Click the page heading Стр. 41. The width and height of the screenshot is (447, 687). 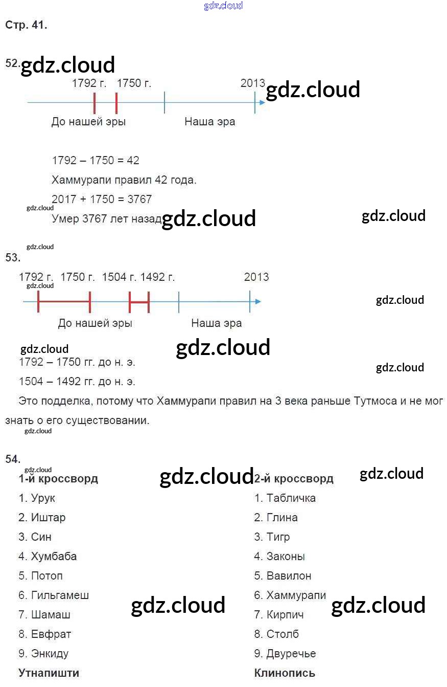[x=27, y=25]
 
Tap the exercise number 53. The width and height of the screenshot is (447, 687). [x=13, y=258]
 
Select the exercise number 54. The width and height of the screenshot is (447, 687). [x=13, y=459]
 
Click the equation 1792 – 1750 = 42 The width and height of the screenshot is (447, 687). [x=96, y=161]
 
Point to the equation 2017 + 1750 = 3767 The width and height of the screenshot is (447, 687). [x=102, y=200]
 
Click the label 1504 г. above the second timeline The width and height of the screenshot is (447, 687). [x=119, y=277]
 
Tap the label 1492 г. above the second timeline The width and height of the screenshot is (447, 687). [x=157, y=277]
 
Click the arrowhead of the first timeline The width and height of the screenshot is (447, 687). [x=262, y=102]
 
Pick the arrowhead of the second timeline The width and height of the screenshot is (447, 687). [x=258, y=301]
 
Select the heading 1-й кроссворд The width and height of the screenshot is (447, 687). [x=58, y=479]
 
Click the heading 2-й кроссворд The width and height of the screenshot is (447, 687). [x=294, y=479]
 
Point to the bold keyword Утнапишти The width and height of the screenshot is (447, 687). [x=49, y=673]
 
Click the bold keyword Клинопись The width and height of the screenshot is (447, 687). [x=285, y=673]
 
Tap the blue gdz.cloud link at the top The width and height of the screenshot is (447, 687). [x=223, y=6]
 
